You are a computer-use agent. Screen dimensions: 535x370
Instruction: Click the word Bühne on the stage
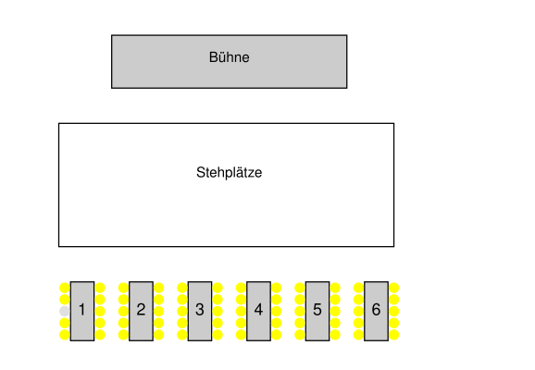[229, 57]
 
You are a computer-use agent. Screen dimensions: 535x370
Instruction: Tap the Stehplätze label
[229, 173]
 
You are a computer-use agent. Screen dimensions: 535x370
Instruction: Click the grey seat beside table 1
[65, 311]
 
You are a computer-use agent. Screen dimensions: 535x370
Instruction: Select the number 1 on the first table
[81, 310]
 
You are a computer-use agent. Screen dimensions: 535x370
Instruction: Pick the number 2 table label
[141, 310]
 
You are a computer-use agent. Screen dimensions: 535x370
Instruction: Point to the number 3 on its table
[200, 310]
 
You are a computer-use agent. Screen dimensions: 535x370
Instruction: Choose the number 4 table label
[258, 310]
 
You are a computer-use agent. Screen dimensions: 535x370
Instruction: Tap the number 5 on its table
[317, 310]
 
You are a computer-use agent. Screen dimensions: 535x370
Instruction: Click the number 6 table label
[376, 310]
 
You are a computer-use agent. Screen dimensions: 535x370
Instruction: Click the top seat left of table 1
[65, 288]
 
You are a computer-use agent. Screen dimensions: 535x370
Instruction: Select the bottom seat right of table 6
[393, 335]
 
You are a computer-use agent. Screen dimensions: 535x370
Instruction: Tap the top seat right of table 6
[393, 288]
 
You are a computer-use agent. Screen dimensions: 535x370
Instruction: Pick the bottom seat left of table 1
[65, 335]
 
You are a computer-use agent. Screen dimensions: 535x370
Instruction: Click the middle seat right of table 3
[218, 311]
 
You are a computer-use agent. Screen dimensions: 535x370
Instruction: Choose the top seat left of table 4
[241, 288]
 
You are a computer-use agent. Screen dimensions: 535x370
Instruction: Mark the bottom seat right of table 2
[158, 335]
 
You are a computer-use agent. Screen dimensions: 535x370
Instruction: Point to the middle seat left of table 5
[300, 311]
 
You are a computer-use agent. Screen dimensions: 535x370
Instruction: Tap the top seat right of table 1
[100, 288]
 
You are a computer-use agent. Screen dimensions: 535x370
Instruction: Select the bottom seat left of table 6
[358, 335]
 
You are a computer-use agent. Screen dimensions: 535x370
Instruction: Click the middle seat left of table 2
[123, 311]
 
